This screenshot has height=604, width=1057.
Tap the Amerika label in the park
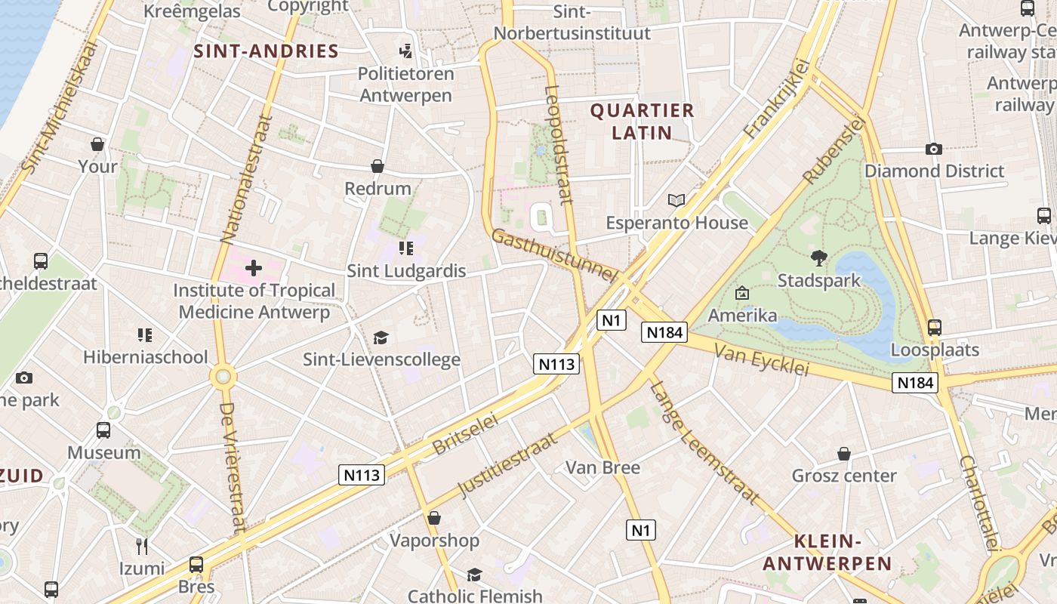tap(742, 315)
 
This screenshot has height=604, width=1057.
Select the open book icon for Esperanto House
tap(676, 200)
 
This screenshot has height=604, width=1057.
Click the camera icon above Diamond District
tap(934, 149)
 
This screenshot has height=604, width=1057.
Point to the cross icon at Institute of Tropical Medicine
tap(254, 268)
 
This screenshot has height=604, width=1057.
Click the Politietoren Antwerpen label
tap(406, 85)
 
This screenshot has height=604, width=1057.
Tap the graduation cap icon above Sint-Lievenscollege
tap(381, 337)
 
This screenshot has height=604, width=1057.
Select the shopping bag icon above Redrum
tap(377, 166)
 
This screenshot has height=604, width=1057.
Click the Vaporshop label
tap(434, 541)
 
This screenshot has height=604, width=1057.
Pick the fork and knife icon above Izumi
tap(141, 546)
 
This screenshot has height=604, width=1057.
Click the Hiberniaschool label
tap(146, 357)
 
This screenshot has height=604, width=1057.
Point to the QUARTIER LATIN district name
tap(642, 122)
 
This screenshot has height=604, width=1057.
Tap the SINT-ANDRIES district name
tap(266, 51)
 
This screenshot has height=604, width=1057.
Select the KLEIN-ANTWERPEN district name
tap(827, 552)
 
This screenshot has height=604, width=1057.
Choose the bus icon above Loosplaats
tap(935, 328)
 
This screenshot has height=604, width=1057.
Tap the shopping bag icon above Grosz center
tap(844, 454)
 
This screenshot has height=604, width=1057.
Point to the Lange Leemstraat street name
tap(704, 442)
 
